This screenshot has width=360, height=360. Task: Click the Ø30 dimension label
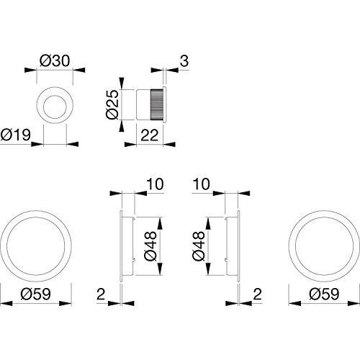pyautogui.click(x=55, y=60)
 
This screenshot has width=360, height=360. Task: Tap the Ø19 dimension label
pyautogui.click(x=16, y=135)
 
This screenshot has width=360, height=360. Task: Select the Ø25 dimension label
pyautogui.click(x=112, y=104)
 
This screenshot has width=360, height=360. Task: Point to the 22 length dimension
pyautogui.click(x=150, y=135)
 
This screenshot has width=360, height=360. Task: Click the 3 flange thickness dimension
pyautogui.click(x=184, y=60)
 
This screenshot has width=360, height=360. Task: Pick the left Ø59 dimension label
pyautogui.click(x=36, y=294)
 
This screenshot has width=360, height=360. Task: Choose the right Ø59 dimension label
pyautogui.click(x=325, y=294)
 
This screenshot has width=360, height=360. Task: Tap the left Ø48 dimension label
pyautogui.click(x=150, y=246)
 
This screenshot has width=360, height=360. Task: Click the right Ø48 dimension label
pyautogui.click(x=199, y=246)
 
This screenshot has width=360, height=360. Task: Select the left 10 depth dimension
pyautogui.click(x=155, y=184)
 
